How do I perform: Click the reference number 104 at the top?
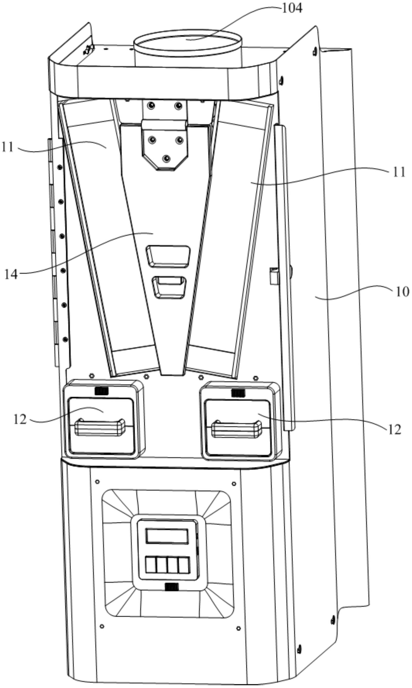click(292, 8)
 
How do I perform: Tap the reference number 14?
click(11, 274)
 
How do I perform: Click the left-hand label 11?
click(8, 147)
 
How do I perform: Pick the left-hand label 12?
click(20, 419)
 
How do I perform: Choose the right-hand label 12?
click(395, 430)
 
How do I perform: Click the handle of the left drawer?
click(100, 427)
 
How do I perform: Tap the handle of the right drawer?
click(236, 430)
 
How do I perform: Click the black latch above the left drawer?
click(101, 391)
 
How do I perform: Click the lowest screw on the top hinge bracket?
click(167, 158)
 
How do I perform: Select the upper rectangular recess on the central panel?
click(169, 256)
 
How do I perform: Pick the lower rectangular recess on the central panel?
click(169, 287)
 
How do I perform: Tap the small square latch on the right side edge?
click(274, 276)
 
